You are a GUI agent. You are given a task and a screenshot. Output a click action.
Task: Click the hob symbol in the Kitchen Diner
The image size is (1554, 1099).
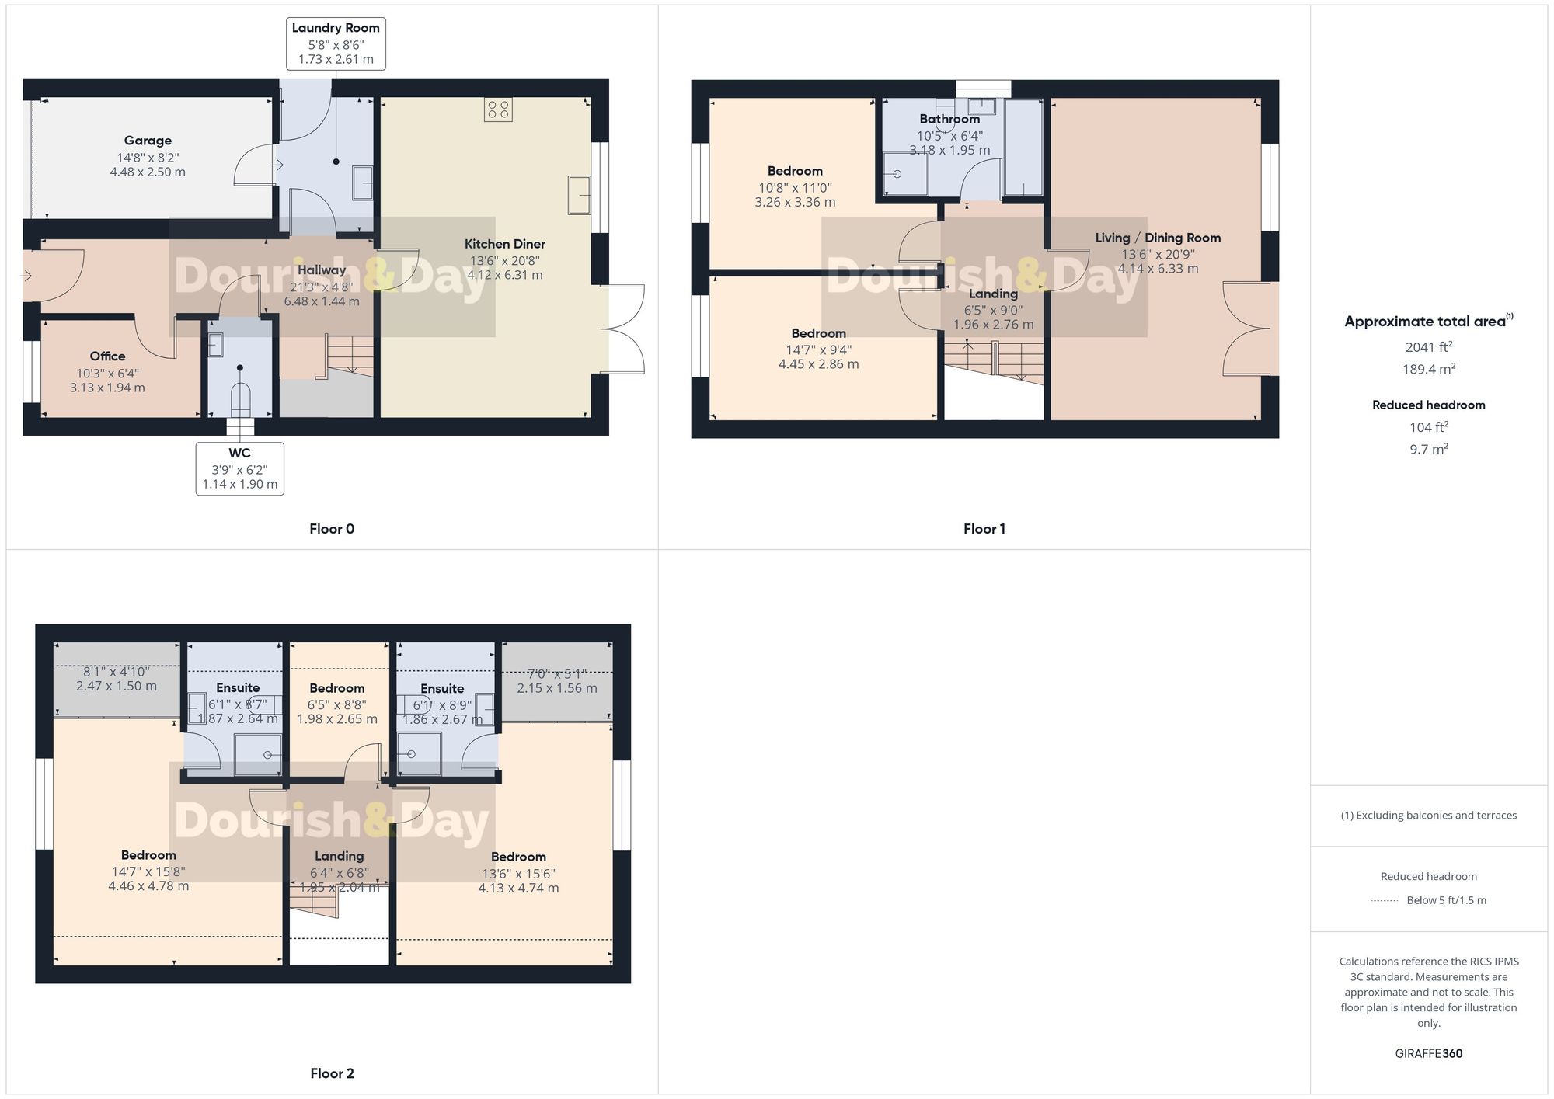tap(498, 110)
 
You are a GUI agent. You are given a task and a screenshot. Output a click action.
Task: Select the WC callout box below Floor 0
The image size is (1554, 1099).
tap(239, 468)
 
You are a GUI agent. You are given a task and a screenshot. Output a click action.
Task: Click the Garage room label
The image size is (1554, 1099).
tap(148, 141)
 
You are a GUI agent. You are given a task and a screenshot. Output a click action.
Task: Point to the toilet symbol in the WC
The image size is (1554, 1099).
tap(240, 398)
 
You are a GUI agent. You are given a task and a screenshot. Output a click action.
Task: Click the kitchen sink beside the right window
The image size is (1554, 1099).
tap(579, 194)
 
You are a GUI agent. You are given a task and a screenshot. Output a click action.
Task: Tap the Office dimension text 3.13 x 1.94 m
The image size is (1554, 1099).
tap(107, 388)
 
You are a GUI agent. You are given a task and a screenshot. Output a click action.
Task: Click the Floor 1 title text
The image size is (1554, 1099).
tap(984, 529)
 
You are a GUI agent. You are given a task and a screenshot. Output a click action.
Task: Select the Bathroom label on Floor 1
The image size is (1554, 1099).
tap(949, 119)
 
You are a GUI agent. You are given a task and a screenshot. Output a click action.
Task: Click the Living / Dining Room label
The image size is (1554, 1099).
tap(1158, 238)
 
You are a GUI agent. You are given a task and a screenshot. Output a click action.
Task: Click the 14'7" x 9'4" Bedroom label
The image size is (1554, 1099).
tap(818, 333)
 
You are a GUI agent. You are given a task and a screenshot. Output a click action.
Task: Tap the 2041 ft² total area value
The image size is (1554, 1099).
tap(1428, 347)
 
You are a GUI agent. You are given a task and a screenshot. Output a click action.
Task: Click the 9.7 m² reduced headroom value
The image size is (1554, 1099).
tap(1428, 449)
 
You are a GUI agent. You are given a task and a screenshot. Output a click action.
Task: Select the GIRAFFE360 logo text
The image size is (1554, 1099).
tap(1428, 1053)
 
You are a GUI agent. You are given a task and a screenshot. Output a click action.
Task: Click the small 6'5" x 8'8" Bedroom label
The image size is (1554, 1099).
tap(336, 688)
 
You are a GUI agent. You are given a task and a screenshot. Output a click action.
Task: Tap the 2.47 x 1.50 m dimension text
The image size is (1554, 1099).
tap(117, 687)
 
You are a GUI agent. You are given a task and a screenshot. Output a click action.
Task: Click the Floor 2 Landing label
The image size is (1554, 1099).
tap(339, 856)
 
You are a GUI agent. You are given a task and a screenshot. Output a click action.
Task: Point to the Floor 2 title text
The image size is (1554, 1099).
tap(332, 1073)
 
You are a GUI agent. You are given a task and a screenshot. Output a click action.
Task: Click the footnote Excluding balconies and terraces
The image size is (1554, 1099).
tap(1428, 816)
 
